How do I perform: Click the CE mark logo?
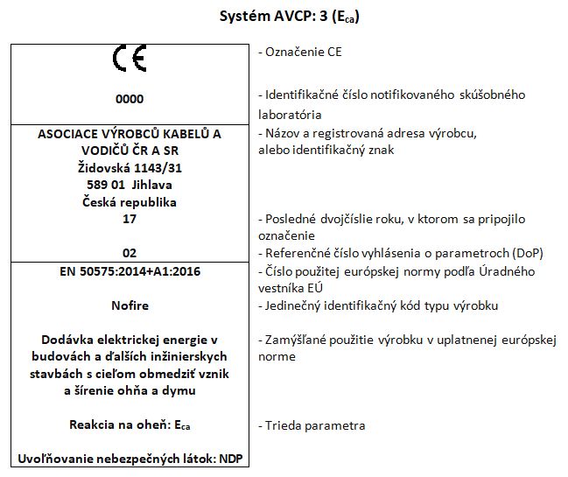pos(130,60)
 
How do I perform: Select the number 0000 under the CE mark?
pos(130,99)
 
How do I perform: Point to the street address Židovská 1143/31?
pos(130,167)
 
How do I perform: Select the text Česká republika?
pos(130,201)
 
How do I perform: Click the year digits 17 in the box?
pos(130,218)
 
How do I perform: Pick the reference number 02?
pos(130,252)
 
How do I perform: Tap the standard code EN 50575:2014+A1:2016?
pos(130,271)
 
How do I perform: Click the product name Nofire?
pos(130,305)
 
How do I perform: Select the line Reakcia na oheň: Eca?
pos(130,425)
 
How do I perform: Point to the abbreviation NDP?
pos(230,459)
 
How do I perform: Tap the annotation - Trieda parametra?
pos(312,425)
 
